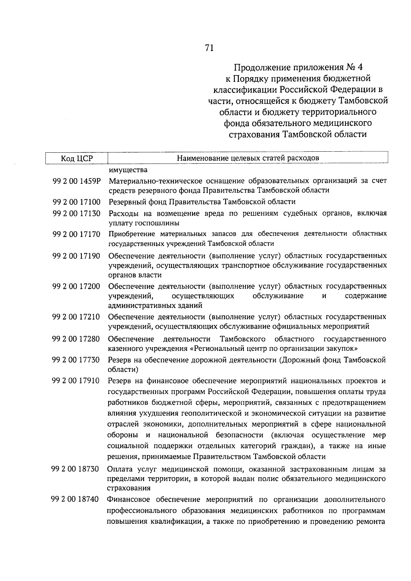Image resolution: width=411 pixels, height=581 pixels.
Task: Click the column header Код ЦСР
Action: click(77, 158)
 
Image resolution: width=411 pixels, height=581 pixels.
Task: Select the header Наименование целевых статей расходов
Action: click(248, 158)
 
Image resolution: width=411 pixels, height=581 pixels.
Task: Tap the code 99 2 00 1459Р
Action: click(76, 181)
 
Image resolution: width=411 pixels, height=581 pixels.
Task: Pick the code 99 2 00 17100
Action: click(76, 202)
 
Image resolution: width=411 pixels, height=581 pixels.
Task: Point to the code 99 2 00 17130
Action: click(76, 214)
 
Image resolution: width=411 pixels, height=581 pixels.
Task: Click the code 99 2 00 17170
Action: click(76, 234)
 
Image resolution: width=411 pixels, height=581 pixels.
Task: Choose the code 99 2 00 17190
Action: click(76, 256)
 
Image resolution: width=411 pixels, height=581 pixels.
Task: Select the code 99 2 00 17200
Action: click(76, 286)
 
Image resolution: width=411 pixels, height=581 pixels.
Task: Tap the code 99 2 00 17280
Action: click(76, 339)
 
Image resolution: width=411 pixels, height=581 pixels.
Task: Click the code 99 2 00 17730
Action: click(76, 360)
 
